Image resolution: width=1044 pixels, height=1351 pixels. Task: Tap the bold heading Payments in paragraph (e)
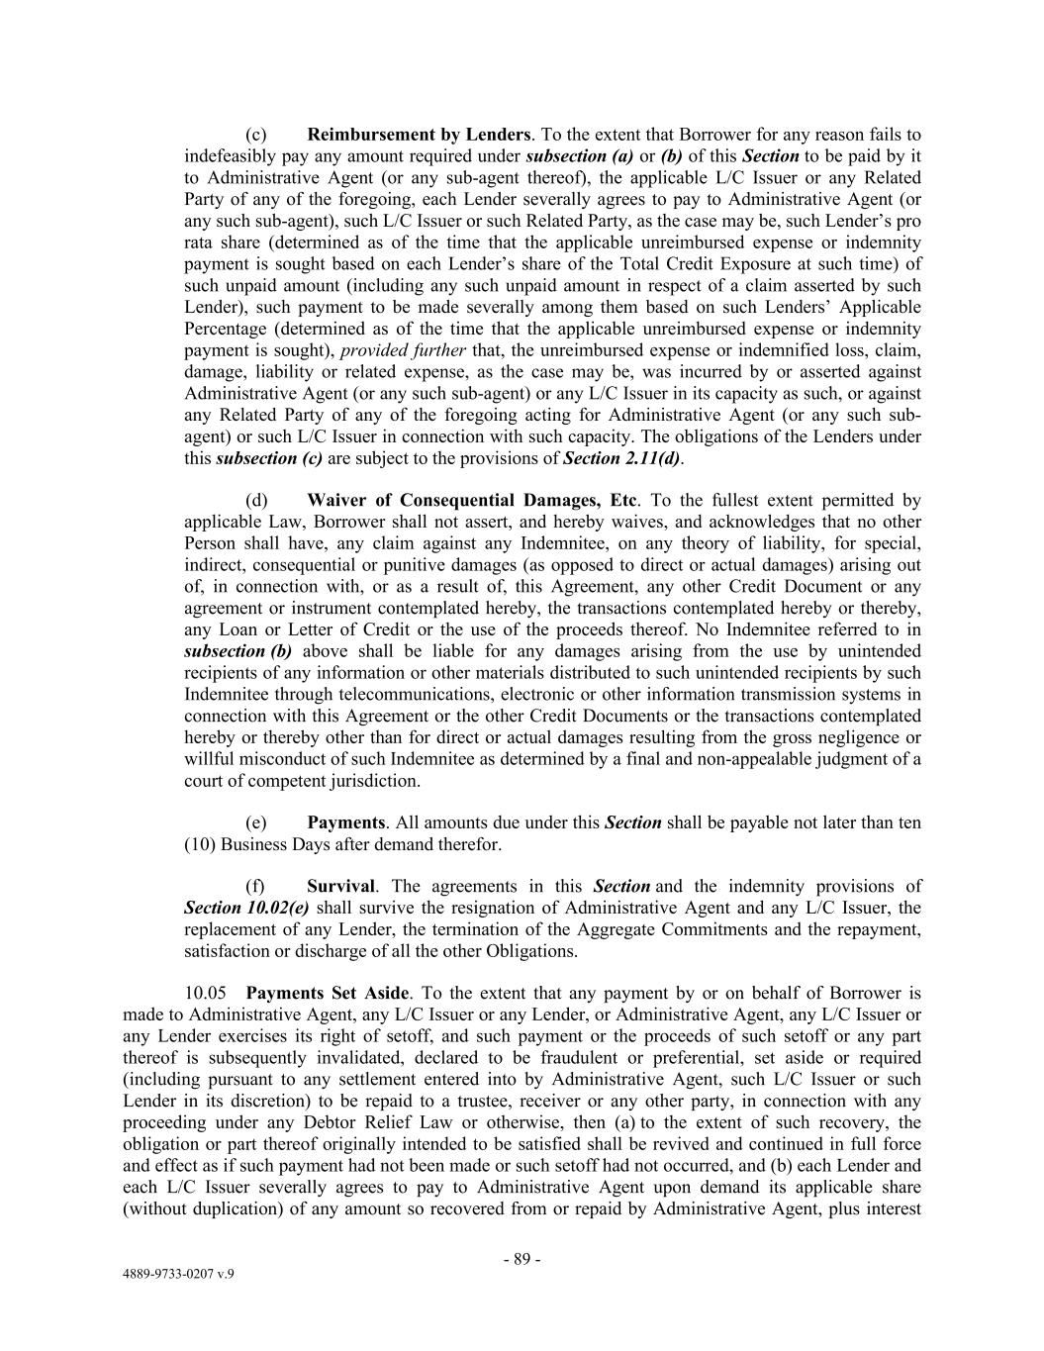coord(345,822)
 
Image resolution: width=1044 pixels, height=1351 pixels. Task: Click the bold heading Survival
coord(340,887)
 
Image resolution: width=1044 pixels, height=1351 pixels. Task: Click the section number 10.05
coord(204,993)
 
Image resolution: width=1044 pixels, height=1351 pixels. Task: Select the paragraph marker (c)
coord(255,135)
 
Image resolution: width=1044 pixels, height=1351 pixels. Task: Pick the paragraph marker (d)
coord(256,500)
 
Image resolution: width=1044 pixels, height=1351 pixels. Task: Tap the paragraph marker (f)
coord(255,887)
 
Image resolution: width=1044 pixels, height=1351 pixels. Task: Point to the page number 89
coord(522,1260)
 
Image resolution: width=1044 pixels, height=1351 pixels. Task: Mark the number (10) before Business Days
coord(201,844)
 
